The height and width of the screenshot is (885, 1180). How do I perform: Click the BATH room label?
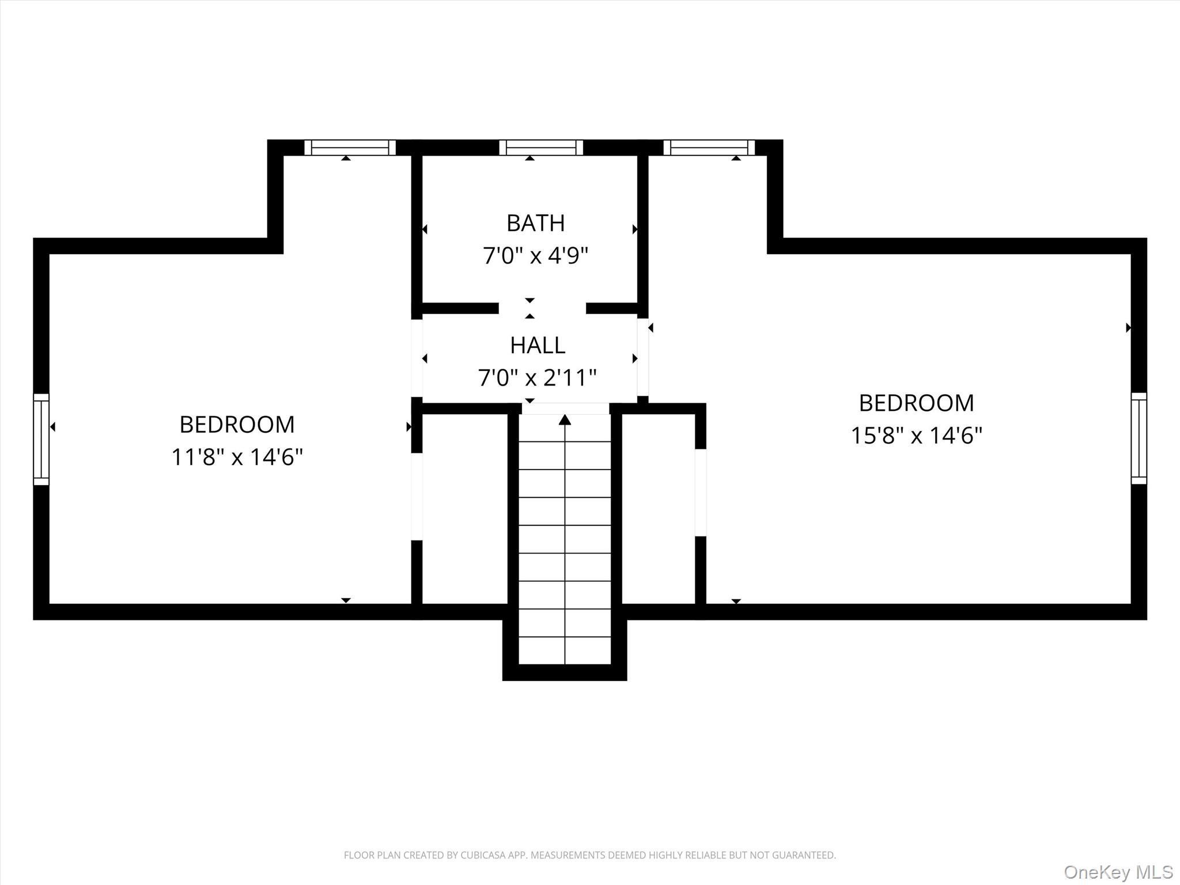pos(535,224)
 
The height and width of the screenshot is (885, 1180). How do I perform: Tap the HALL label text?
pos(537,346)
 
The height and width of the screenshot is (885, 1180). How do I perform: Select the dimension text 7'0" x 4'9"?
pos(535,256)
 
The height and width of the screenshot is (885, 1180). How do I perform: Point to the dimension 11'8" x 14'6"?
pos(237,457)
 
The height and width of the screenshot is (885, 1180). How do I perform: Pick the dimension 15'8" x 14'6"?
pos(916,436)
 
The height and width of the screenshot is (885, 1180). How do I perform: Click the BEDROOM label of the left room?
pos(237,425)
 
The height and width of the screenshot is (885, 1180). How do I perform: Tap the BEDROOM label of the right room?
pos(916,403)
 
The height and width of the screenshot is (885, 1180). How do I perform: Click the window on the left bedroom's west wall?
pos(41,439)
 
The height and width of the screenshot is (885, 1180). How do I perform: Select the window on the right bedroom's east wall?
pos(1139,438)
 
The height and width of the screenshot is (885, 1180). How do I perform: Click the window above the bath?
pos(541,147)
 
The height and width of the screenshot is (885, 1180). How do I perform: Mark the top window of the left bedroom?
pos(350,147)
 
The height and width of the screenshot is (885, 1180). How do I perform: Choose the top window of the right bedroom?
pos(709,147)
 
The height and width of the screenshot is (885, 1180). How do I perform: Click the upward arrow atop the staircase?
pos(565,420)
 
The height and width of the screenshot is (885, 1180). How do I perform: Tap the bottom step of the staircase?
pos(565,650)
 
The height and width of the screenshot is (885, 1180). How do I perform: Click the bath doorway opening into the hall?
pos(542,308)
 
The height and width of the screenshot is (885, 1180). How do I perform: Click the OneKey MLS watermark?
pos(1118,872)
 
